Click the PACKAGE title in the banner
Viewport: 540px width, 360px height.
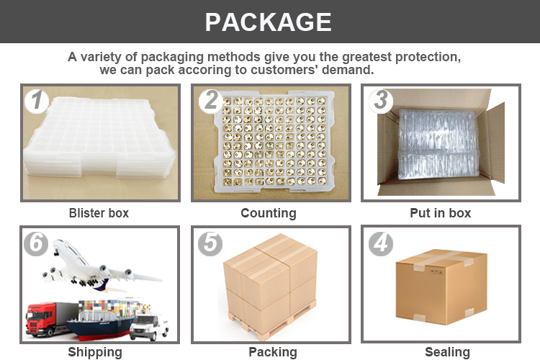[x=269, y=22]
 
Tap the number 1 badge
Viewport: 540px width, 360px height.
[x=36, y=101]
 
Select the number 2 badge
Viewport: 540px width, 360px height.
[x=210, y=101]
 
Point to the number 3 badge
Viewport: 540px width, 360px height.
[x=381, y=101]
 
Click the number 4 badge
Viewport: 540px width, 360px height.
[x=381, y=243]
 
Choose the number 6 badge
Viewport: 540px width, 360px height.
[x=36, y=243]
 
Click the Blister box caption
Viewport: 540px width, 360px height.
[x=99, y=213]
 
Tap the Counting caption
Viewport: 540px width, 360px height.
[x=269, y=213]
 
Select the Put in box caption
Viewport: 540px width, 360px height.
[x=441, y=213]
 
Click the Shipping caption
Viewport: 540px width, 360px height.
[x=95, y=352]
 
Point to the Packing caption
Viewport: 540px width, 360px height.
[x=273, y=352]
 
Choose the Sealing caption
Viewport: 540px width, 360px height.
[x=447, y=352]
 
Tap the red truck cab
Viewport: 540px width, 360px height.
[x=39, y=319]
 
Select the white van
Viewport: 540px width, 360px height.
[x=150, y=327]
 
